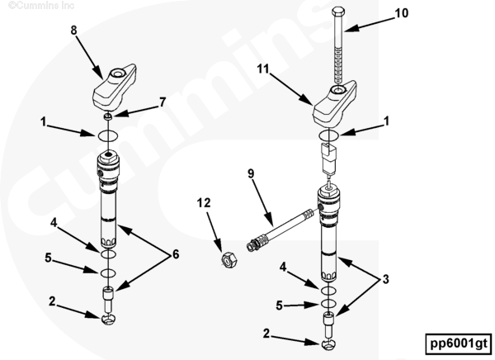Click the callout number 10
402,13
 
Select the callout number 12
204,202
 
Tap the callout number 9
251,173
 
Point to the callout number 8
73,31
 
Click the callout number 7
163,102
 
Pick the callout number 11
263,69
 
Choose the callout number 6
176,254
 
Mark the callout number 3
386,279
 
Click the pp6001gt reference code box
459,343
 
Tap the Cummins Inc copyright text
41,6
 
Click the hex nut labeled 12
229,260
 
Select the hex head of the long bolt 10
338,12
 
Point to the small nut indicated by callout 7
108,116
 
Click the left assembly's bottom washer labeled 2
108,320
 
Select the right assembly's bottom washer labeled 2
328,344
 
